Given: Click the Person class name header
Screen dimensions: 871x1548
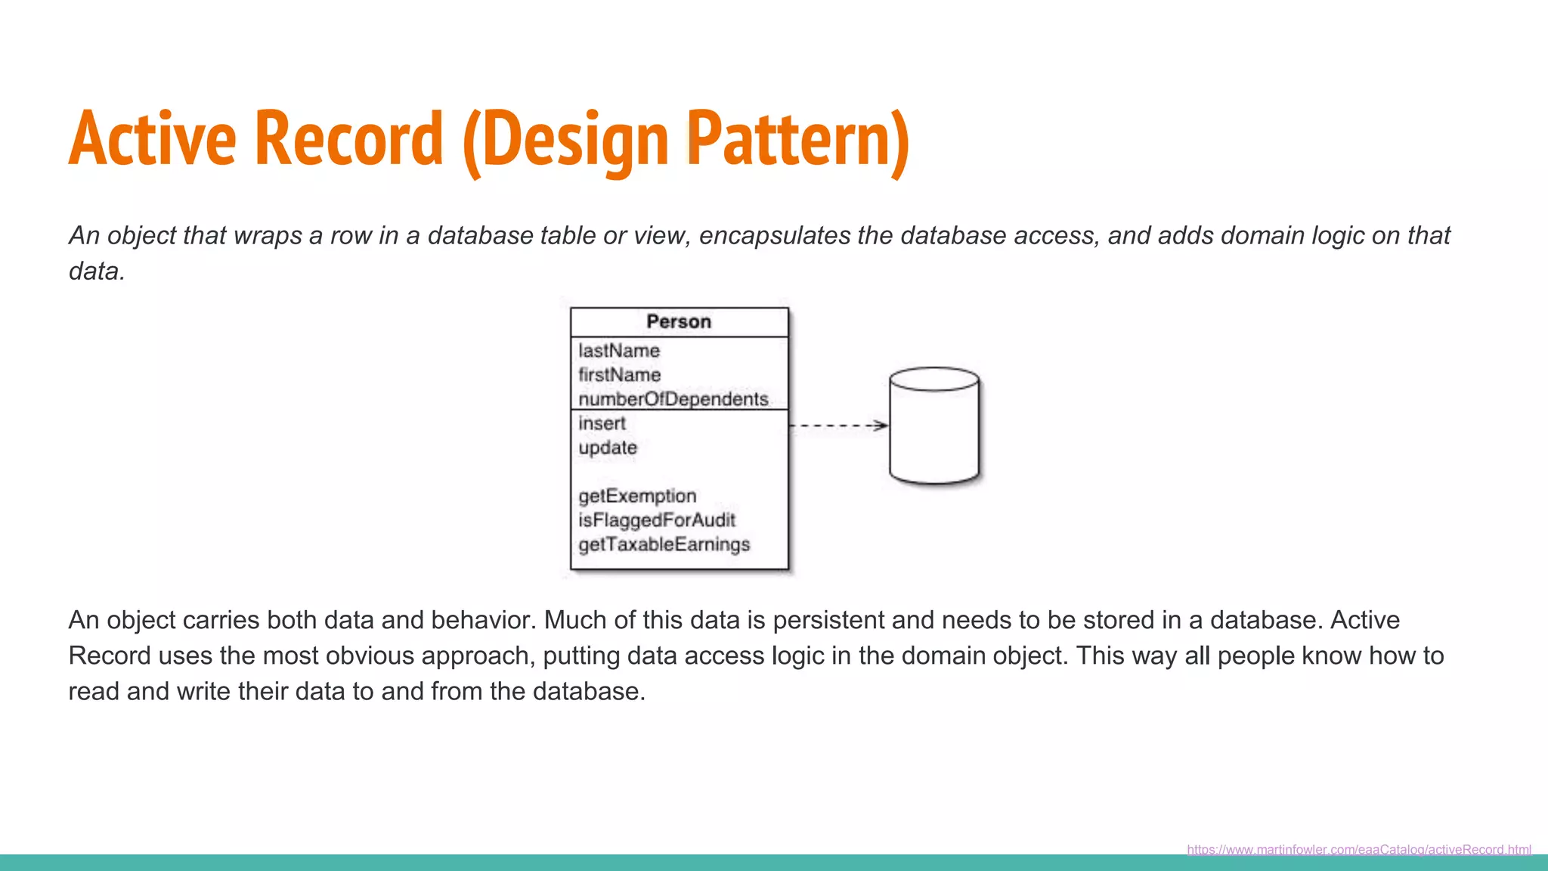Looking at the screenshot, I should [679, 322].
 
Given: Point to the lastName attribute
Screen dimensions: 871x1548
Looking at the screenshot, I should [619, 351].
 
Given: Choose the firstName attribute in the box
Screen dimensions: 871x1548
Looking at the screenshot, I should [619, 375].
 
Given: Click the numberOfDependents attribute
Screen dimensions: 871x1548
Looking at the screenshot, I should [673, 399].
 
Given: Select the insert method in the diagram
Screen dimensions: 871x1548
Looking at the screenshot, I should [602, 423].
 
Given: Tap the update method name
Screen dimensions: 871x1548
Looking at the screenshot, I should [607, 448].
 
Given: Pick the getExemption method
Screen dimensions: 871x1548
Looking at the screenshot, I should [637, 496].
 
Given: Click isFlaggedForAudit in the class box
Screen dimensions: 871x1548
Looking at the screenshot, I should [656, 520].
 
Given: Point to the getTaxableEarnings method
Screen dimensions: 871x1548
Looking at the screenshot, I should [664, 544].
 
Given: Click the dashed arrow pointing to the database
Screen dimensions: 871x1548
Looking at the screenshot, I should [837, 426].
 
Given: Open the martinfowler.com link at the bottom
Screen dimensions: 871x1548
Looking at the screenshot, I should [1358, 849].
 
